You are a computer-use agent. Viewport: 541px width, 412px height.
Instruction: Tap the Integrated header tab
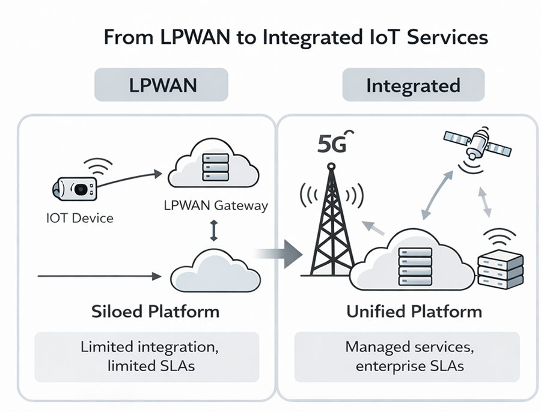[413, 85]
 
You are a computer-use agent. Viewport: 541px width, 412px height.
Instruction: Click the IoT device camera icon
[75, 187]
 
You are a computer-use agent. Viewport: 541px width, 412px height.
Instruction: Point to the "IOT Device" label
[79, 218]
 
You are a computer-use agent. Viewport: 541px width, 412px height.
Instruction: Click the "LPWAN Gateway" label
[215, 205]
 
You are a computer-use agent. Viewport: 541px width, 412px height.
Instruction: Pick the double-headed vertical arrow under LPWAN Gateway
[213, 231]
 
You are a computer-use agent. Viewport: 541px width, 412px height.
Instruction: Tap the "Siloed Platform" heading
[155, 312]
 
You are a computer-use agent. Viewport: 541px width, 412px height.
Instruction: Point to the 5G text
[332, 145]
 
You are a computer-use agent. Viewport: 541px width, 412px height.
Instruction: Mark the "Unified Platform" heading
[414, 312]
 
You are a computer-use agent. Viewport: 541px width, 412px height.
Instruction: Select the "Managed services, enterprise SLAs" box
[406, 356]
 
